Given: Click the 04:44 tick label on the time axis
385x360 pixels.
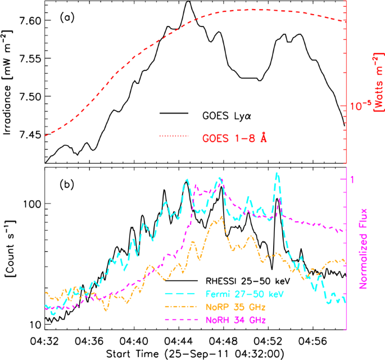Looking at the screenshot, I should [179, 341].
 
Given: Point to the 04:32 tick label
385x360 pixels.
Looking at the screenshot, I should [46, 341].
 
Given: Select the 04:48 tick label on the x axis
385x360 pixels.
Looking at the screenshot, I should [224, 341].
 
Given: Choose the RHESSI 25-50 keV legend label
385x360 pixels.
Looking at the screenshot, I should [235, 282].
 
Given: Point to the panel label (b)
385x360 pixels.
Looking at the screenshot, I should [67, 186].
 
